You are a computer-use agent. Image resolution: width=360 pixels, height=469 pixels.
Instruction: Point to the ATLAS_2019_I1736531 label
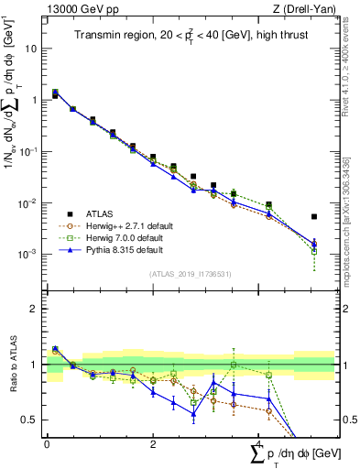[x=190, y=274]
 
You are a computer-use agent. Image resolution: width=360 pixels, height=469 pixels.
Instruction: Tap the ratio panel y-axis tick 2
[x=36, y=309]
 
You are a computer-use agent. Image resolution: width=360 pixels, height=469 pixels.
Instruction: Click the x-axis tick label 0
[x=47, y=443]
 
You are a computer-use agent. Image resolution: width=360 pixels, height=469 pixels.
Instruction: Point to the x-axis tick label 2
[x=152, y=443]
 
